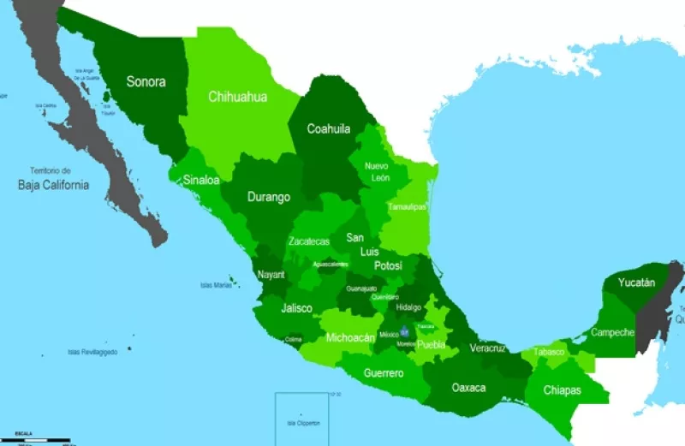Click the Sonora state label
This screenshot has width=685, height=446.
[146, 82]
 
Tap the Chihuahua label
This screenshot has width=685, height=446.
[237, 97]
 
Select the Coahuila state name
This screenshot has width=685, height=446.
[330, 129]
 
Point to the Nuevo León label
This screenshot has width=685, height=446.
[378, 171]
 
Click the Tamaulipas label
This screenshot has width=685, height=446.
[407, 206]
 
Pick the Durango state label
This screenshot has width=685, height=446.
[269, 197]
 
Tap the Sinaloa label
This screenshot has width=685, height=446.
[200, 181]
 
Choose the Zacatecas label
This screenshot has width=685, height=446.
[308, 241]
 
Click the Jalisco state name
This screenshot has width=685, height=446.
[296, 307]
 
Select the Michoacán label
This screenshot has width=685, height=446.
[350, 338]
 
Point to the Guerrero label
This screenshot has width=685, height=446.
[384, 373]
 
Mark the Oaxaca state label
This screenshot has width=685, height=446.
[468, 388]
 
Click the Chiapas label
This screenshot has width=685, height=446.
[562, 390]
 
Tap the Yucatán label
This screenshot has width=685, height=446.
[636, 282]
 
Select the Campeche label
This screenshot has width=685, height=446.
[612, 332]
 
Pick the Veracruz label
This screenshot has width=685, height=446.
[487, 348]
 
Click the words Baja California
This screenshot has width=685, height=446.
[53, 184]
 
